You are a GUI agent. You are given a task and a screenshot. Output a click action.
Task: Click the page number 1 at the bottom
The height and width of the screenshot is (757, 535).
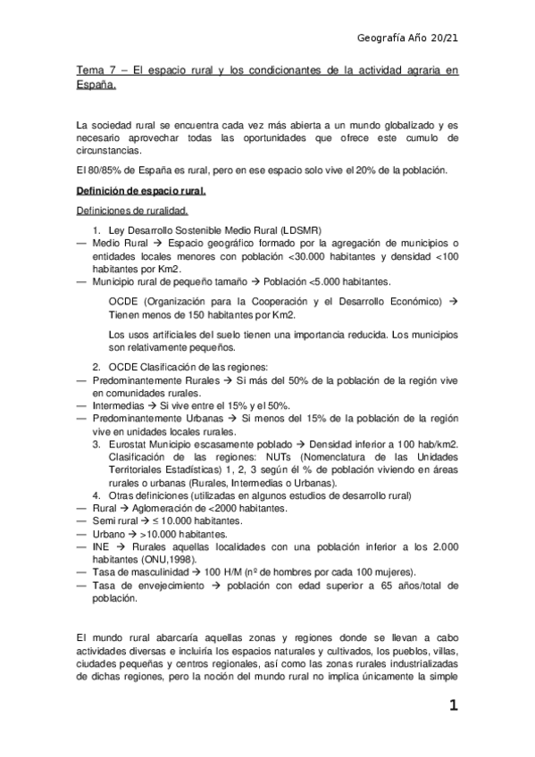454,707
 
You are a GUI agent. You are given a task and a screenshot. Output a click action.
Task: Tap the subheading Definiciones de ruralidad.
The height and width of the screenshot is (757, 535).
130,211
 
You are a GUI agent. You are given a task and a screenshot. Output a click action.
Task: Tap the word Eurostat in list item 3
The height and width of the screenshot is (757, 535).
126,443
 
